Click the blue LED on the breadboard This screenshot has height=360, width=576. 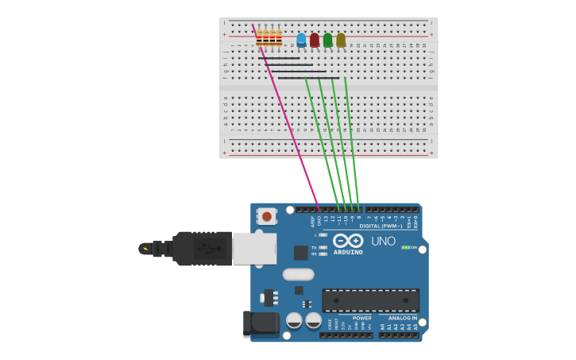tap(301, 39)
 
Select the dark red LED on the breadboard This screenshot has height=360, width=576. tap(315, 39)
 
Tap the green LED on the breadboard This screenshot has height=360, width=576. tap(328, 39)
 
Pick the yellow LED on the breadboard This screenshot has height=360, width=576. tap(341, 39)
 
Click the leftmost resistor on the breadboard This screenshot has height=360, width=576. tap(259, 37)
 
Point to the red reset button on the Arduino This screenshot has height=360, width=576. tap(267, 215)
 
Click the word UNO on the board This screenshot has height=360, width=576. tap(383, 241)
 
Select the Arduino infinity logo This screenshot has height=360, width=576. tap(348, 240)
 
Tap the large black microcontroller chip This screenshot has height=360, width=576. tap(370, 300)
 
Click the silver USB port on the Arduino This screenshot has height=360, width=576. tap(254, 248)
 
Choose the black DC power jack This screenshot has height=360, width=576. tap(261, 323)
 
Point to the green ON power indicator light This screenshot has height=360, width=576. tap(406, 247)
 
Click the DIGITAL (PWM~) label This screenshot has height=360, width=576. tap(380, 226)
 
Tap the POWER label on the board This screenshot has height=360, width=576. tap(361, 318)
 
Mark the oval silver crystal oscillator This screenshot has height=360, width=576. tap(298, 274)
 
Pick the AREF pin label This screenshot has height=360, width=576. tap(313, 222)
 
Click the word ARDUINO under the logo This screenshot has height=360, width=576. tap(348, 252)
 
